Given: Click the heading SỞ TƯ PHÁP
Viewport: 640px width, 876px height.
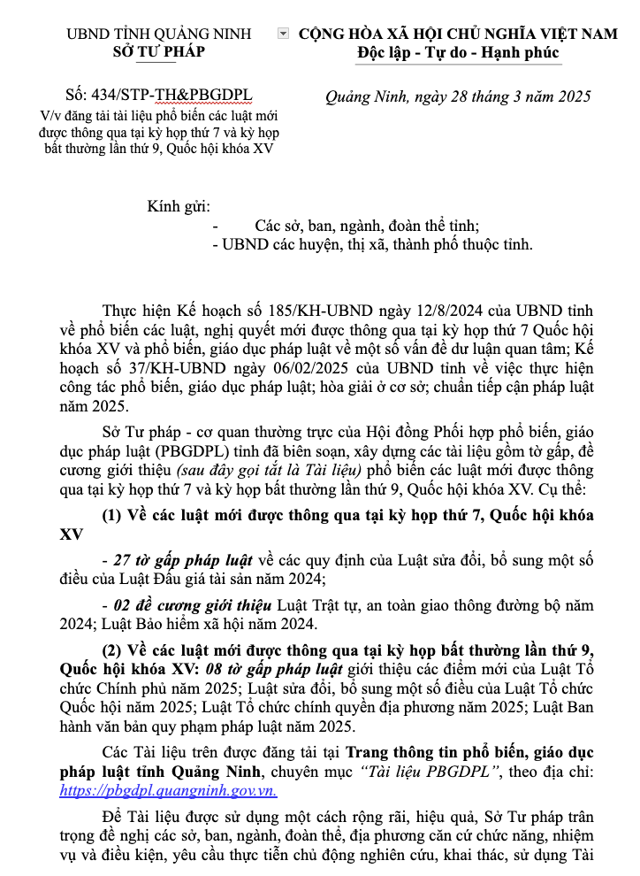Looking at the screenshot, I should tap(159, 52).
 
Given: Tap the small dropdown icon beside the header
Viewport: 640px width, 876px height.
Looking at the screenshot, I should tap(283, 34).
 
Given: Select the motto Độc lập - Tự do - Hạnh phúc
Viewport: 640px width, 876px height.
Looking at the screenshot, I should tap(458, 53).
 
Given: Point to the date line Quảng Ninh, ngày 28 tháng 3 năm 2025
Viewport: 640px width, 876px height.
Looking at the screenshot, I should tap(458, 96).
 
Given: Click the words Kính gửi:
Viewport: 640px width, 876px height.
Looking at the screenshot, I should tap(179, 207).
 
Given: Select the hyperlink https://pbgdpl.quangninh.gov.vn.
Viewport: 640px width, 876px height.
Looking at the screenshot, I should tap(168, 790).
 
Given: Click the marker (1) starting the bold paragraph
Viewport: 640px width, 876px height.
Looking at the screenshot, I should tap(114, 516).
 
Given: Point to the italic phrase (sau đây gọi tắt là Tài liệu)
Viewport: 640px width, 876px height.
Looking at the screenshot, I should tap(277, 470).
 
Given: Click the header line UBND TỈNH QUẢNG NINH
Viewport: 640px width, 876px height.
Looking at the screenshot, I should tap(159, 35).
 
